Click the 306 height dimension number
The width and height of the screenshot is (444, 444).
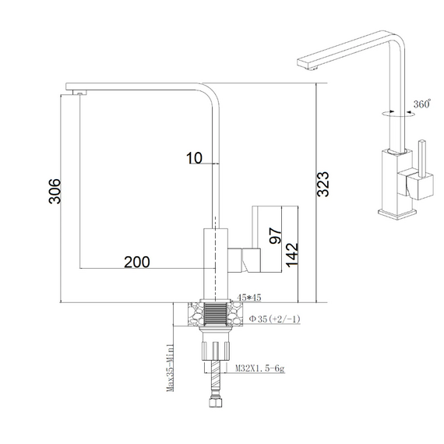click(55, 191)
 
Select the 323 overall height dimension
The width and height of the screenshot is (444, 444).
click(323, 184)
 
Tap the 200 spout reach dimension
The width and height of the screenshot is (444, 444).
click(137, 263)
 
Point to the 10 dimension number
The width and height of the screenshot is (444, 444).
click(194, 158)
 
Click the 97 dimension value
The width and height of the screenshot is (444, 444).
click(276, 235)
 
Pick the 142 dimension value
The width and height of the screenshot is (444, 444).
click(292, 255)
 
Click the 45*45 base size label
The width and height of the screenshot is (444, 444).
click(249, 298)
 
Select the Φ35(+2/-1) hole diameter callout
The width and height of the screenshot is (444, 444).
click(274, 319)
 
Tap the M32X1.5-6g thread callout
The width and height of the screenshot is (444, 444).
click(260, 368)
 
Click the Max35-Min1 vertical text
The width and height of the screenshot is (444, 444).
click(170, 368)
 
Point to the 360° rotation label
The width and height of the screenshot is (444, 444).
click(422, 104)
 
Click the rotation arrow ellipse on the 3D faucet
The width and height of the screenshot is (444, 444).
click(398, 114)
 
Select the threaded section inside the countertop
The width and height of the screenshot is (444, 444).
click(216, 314)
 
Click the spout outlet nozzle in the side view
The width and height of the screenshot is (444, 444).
click(79, 93)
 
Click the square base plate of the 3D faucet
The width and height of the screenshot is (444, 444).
click(397, 214)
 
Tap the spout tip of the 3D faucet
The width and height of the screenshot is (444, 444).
click(307, 63)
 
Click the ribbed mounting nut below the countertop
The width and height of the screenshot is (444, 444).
click(216, 351)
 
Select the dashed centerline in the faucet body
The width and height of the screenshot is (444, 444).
click(215, 259)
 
